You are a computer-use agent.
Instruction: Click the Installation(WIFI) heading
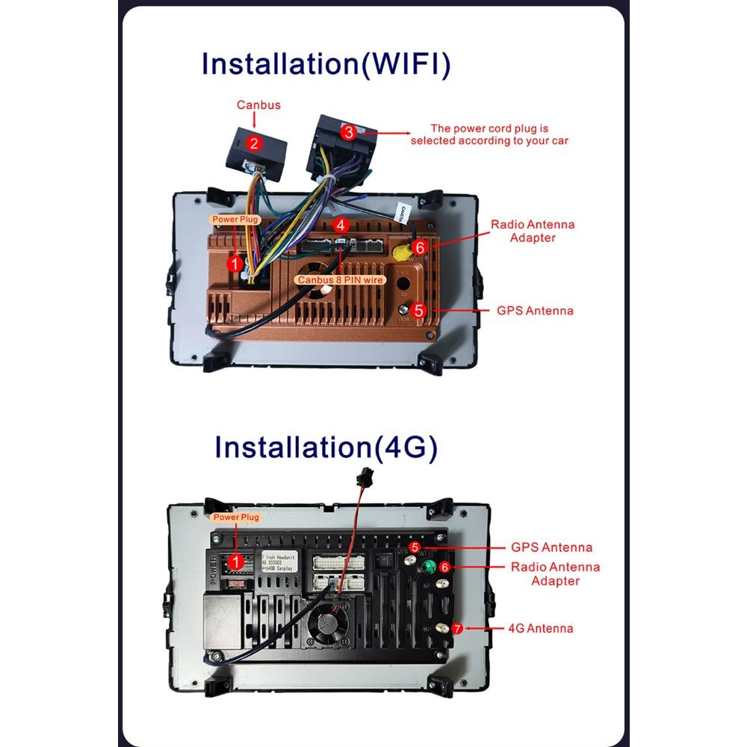point(326,64)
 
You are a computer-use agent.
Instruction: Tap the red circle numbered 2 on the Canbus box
point(255,143)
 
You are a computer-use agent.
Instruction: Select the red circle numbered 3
point(349,133)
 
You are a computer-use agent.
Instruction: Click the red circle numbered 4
point(341,225)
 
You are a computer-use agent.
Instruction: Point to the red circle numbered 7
point(458,628)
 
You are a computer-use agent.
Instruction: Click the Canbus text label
point(258,105)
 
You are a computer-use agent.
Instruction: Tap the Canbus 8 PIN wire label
point(340,280)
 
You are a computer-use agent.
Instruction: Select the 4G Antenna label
point(540,628)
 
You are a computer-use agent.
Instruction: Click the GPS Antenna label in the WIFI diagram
point(535,310)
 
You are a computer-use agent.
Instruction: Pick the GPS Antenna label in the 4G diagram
point(551,548)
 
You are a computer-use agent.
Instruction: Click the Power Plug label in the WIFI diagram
point(235,220)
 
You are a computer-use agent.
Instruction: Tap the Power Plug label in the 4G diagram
point(236,517)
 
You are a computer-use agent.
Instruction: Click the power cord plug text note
point(489,134)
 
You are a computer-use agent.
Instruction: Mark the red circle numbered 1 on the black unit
point(236,560)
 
